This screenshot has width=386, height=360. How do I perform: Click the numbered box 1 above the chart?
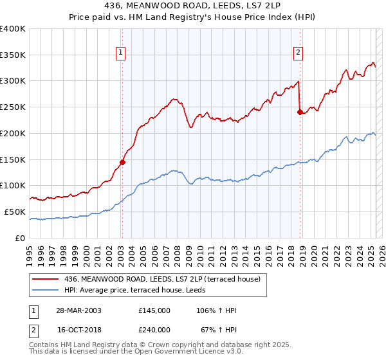pyautogui.click(x=120, y=53)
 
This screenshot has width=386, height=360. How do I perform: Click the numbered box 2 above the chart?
pyautogui.click(x=299, y=53)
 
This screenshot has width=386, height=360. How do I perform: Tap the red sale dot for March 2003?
pyautogui.click(x=122, y=162)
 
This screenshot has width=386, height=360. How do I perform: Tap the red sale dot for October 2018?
pyautogui.click(x=300, y=112)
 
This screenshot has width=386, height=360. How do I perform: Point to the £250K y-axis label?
pyautogui.click(x=13, y=107)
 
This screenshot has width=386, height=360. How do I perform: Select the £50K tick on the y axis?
pyautogui.click(x=15, y=212)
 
